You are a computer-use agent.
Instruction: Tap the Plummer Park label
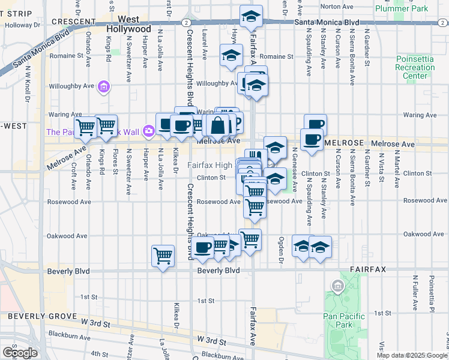[x=402, y=8]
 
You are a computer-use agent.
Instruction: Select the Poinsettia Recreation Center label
[x=415, y=67]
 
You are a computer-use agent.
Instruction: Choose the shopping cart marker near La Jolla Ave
[x=163, y=256]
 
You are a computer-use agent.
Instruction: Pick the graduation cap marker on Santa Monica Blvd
[x=251, y=17]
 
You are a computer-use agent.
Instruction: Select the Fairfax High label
[x=209, y=166]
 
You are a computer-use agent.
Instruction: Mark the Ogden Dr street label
[x=280, y=251]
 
